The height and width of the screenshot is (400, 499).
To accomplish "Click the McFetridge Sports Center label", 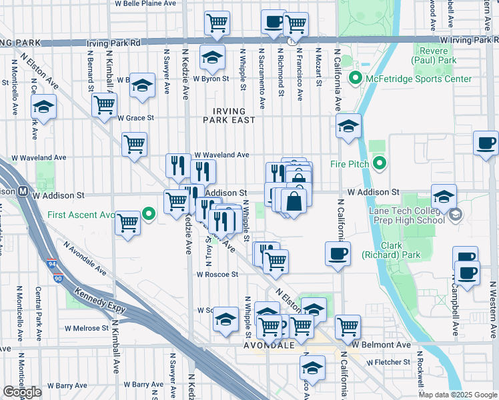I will (x=417, y=79).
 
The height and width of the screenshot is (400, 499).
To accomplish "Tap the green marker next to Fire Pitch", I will (x=380, y=163).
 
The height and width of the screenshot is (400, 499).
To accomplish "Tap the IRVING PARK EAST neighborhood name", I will (x=229, y=115).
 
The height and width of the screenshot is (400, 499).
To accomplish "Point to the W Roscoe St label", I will (x=217, y=274).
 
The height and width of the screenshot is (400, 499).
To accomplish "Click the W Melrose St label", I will (x=87, y=328).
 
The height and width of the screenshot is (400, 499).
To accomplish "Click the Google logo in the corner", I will (x=22, y=392).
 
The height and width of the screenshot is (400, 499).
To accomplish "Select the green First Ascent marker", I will (x=149, y=214).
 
